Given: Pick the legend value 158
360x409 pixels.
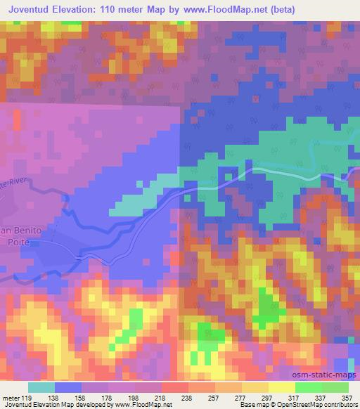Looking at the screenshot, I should [82, 398].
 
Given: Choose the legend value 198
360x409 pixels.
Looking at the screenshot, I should [134, 398].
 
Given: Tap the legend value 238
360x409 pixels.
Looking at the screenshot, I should [188, 398].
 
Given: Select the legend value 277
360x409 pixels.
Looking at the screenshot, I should [240, 398].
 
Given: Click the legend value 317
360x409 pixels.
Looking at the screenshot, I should [295, 398].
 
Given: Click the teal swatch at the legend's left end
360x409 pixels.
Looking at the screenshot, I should [41, 387].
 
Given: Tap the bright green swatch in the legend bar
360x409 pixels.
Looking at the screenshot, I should [308, 387].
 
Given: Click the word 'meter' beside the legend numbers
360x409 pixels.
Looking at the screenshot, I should [11, 398].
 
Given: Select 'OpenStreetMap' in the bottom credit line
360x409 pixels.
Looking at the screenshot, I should [309, 405].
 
